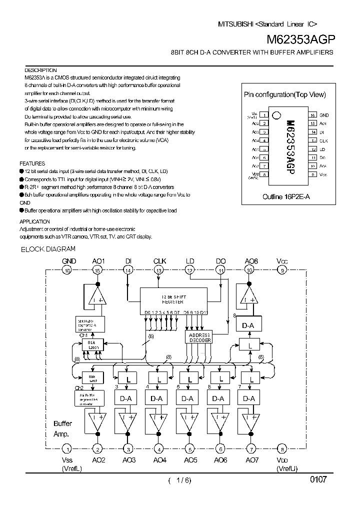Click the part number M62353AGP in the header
point(300,39)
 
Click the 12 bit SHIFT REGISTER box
point(172,299)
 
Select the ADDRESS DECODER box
point(199,337)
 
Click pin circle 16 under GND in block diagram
point(67,270)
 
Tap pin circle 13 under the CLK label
point(159,270)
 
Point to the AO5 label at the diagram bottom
point(190,460)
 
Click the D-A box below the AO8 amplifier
point(248,325)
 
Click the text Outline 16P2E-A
point(286,197)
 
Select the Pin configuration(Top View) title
point(284,94)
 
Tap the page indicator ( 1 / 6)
point(179,481)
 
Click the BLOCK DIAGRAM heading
point(48,248)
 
